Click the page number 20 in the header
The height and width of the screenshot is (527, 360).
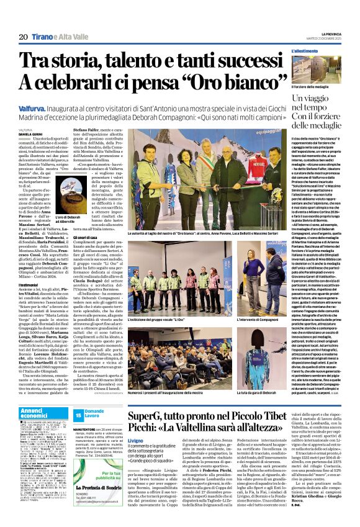click(x=23, y=37)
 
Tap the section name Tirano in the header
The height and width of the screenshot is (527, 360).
click(x=45, y=37)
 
